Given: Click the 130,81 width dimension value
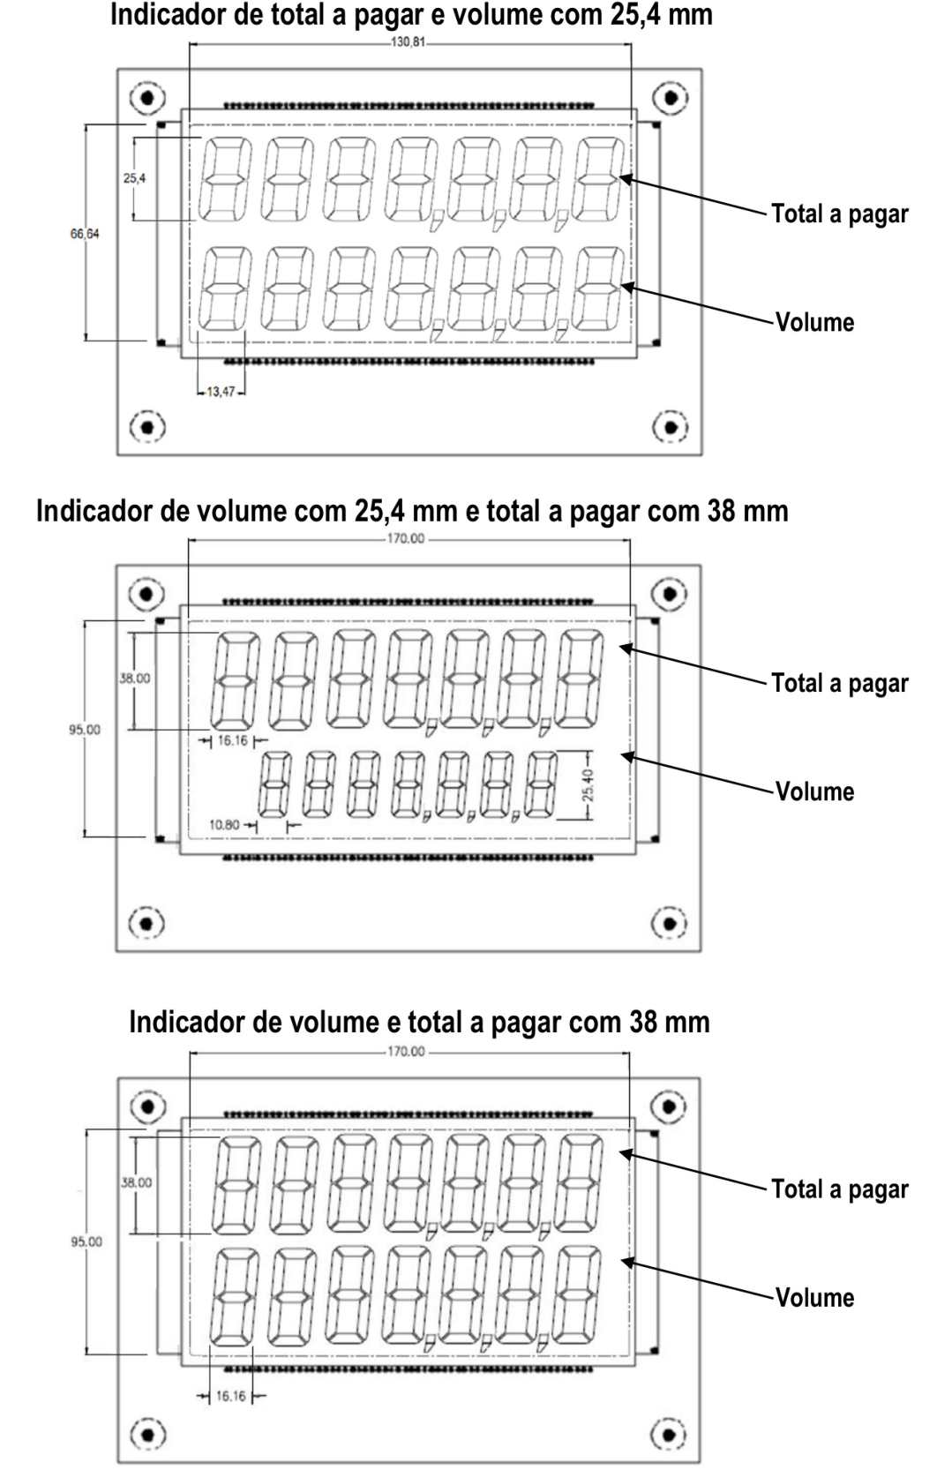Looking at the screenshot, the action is (x=408, y=42).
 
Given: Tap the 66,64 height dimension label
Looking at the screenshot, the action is (x=85, y=234).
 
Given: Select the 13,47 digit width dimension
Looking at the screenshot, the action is (x=221, y=392).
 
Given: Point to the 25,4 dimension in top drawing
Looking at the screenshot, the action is (x=134, y=178).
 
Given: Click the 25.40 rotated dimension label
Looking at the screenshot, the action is (x=588, y=785).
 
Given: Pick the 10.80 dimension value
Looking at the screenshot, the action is (x=224, y=825).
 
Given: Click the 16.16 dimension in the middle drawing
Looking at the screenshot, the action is (x=232, y=740).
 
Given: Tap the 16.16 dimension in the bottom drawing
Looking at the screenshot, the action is (x=231, y=1396).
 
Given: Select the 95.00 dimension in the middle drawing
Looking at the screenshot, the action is (x=86, y=729).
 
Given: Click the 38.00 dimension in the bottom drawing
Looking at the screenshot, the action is (x=136, y=1182).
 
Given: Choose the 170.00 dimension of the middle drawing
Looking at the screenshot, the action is (x=406, y=539).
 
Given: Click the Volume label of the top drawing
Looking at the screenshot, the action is (x=815, y=322).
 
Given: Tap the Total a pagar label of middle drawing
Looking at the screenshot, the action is (x=839, y=684).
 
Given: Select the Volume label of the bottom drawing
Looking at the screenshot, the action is (x=815, y=1298).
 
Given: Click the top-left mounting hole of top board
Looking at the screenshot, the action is (x=147, y=98).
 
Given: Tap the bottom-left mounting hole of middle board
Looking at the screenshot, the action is (x=146, y=923).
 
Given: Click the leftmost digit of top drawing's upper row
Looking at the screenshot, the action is (x=224, y=179).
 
